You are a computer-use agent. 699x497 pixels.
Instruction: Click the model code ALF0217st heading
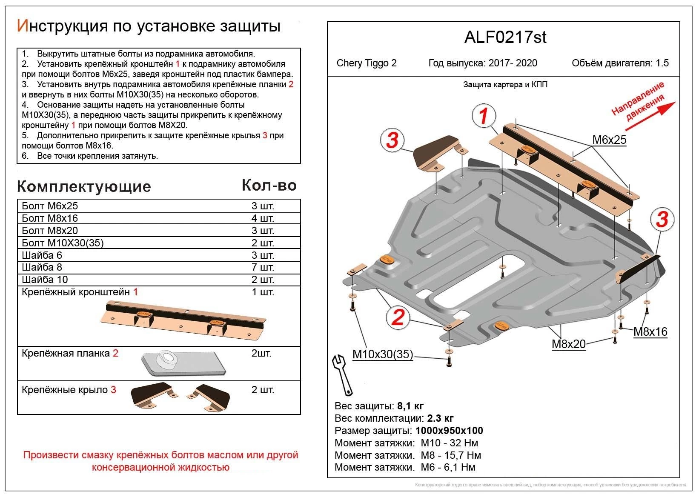(x=505, y=38)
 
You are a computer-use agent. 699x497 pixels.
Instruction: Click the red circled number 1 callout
(x=483, y=116)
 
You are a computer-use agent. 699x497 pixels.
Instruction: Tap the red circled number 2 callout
(x=398, y=317)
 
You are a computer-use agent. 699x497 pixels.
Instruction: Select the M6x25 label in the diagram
(x=609, y=140)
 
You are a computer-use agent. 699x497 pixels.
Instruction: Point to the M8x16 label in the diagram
(x=650, y=332)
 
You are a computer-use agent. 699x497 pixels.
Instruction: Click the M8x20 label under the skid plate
(x=569, y=344)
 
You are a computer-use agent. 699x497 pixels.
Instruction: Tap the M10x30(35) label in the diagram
(x=382, y=354)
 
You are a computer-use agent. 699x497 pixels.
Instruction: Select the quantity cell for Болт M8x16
(x=263, y=218)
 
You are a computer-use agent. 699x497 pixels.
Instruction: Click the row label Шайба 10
(x=45, y=280)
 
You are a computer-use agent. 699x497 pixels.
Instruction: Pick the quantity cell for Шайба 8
(x=263, y=267)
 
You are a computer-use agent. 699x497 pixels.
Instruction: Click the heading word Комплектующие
(x=84, y=186)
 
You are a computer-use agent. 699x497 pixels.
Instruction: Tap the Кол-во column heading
(x=269, y=185)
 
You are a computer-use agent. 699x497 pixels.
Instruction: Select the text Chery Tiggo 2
(x=367, y=63)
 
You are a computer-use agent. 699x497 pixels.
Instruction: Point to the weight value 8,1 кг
(x=410, y=406)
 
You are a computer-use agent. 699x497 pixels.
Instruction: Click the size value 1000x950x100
(x=449, y=431)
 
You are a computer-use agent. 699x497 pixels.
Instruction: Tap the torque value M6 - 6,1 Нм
(x=448, y=467)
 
